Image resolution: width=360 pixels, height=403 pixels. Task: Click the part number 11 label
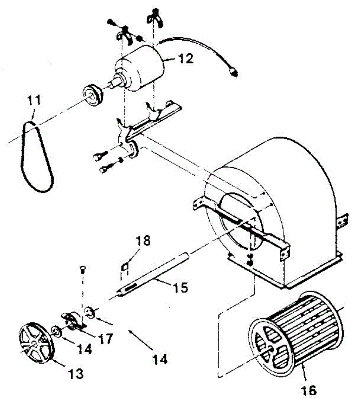click(34, 100)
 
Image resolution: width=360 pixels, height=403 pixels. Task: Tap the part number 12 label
click(185, 59)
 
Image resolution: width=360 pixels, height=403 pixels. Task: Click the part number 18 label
click(143, 241)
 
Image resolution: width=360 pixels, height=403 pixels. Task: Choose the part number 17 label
click(105, 338)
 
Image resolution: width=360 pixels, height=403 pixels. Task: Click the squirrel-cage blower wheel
click(292, 332)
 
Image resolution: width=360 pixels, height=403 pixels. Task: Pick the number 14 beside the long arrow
click(159, 359)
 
